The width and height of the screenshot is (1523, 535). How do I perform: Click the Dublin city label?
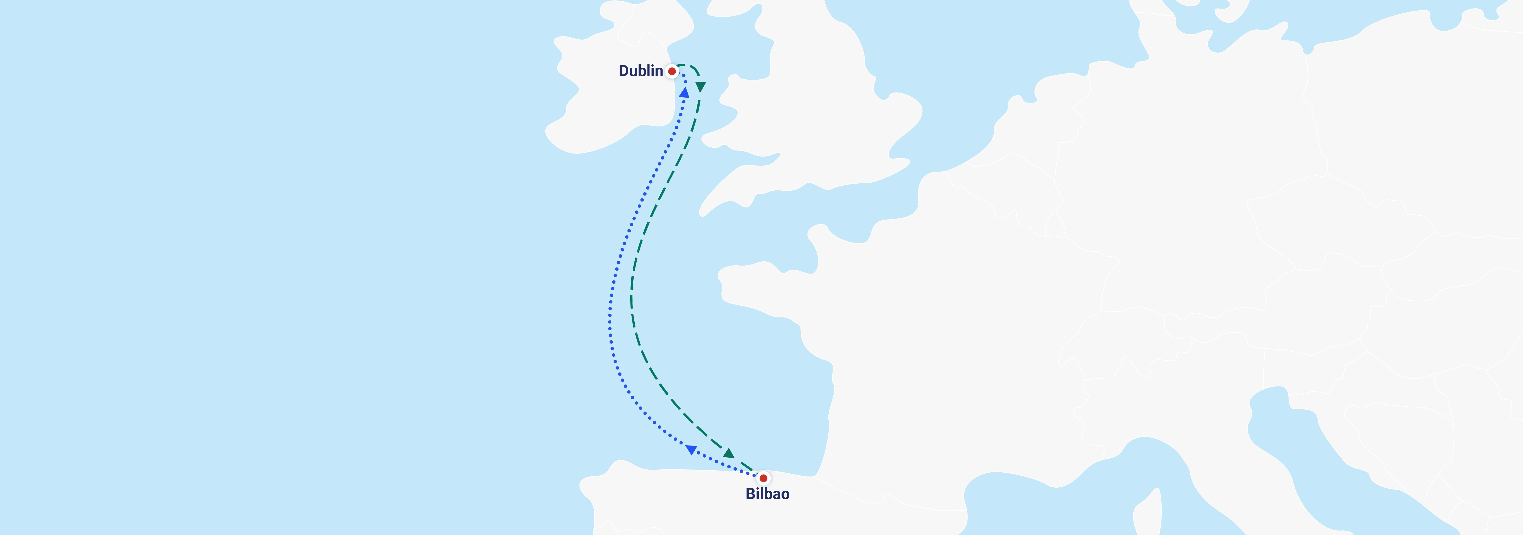click(x=640, y=71)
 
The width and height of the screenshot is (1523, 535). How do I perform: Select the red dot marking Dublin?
click(x=672, y=72)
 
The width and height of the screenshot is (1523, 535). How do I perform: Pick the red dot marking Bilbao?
click(x=763, y=478)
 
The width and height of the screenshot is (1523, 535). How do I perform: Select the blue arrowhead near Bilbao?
click(x=690, y=450)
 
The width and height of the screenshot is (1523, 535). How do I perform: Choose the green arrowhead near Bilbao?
click(x=729, y=453)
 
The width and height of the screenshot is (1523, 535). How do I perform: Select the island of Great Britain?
click(x=828, y=118)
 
